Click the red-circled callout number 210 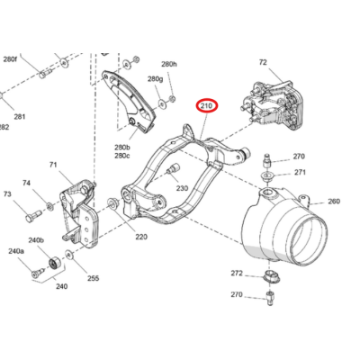click(207, 107)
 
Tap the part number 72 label click(263, 63)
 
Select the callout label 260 click(333, 202)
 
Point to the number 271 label click(300, 172)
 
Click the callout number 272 click(237, 273)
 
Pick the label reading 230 click(181, 188)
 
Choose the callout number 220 click(140, 237)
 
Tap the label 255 click(93, 279)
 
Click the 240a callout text click(15, 252)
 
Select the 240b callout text click(36, 240)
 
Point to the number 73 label click(7, 194)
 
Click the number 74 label click(26, 184)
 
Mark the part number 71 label click(52, 165)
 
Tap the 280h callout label click(169, 65)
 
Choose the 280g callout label click(155, 79)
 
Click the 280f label click(10, 58)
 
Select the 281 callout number click(19, 117)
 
